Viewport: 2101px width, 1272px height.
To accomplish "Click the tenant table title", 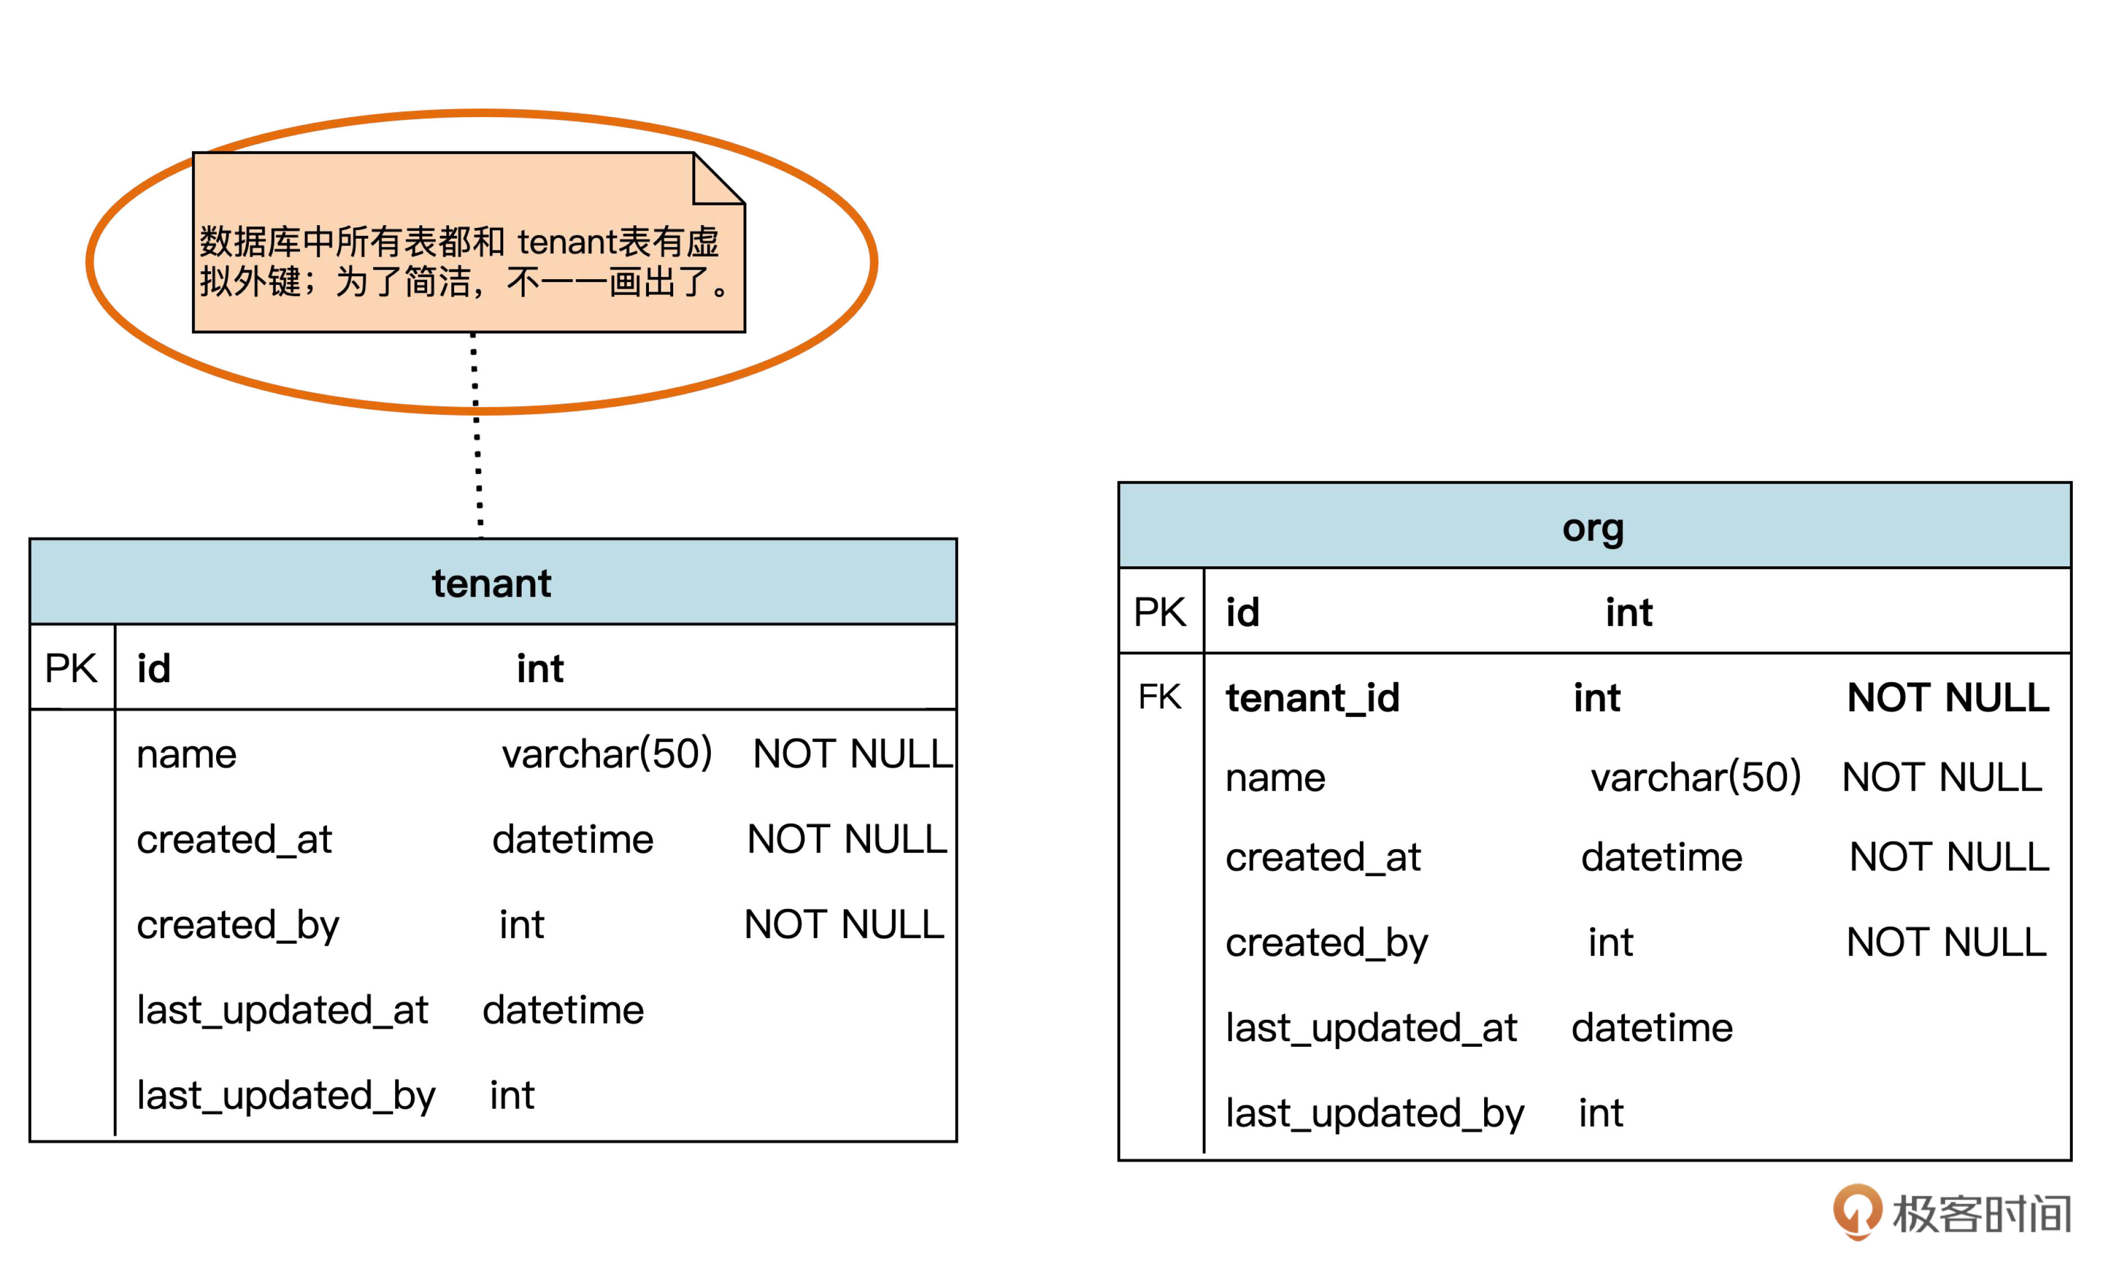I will pos(491,584).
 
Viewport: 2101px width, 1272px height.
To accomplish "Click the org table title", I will pos(1592,528).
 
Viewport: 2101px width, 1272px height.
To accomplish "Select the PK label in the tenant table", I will pos(71,669).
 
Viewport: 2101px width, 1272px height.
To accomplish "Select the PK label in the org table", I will pos(1159,612).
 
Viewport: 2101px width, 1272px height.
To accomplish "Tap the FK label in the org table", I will pos(1159,697).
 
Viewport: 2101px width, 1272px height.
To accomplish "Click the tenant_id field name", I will pos(1312,698).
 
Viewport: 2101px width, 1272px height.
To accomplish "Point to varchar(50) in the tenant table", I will pos(606,754).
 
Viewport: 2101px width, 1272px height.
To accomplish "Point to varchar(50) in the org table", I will pos(1695,777).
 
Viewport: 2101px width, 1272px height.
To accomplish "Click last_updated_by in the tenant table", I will pos(286,1095).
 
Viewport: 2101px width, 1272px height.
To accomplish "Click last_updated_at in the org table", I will pos(1371,1028).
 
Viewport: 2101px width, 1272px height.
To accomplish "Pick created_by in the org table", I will pos(1326,943).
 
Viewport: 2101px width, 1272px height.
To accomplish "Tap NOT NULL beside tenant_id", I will pos(1947,698).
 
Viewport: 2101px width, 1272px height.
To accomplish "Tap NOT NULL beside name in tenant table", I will pos(852,754).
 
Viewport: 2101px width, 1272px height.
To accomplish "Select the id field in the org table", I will pos(1242,613).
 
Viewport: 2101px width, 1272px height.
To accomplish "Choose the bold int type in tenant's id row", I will pos(540,669).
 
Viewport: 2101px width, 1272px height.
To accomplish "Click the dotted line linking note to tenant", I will pos(477,435).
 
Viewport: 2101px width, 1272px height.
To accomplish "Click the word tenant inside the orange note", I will pos(566,242).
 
